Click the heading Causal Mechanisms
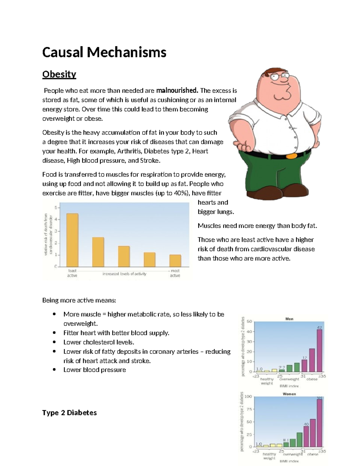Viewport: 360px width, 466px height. click(104, 52)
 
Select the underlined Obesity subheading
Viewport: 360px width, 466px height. click(59, 74)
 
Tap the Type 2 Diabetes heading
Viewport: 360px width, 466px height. click(69, 413)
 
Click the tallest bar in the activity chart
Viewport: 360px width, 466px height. click(72, 240)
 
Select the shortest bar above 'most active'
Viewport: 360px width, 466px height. click(175, 260)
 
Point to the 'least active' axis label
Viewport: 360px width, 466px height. click(72, 273)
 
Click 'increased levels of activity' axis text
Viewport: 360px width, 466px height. click(124, 274)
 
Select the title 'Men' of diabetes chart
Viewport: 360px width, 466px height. click(289, 319)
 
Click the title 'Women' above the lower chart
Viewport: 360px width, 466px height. click(289, 394)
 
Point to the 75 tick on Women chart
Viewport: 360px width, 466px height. click(248, 409)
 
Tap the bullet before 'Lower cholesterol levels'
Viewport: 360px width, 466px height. click(54, 342)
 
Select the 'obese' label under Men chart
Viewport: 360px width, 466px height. click(312, 379)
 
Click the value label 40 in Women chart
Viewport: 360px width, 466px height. click(306, 424)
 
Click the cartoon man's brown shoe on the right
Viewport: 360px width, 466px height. click(295, 191)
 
